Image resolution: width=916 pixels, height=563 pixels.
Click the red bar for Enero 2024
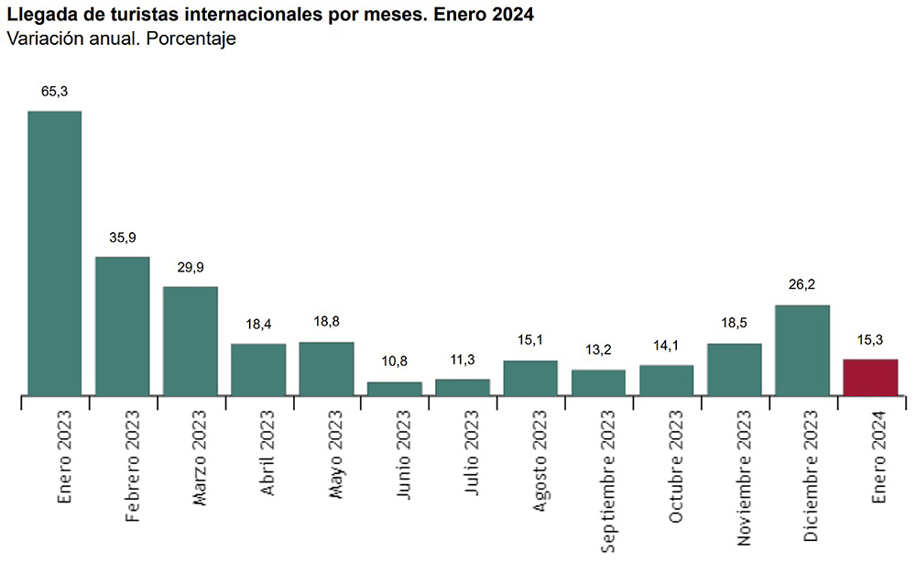click(x=870, y=378)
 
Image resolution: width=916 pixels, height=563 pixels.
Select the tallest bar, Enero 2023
click(x=55, y=253)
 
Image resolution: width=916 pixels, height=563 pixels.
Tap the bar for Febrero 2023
click(x=123, y=326)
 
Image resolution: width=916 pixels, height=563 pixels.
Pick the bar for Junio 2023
click(x=395, y=389)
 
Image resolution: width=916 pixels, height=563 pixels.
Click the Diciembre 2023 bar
click(x=802, y=350)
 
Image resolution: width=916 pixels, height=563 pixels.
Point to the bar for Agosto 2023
click(x=530, y=379)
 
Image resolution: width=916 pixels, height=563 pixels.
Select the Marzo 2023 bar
click(x=191, y=341)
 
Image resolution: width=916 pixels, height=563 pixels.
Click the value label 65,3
click(x=54, y=91)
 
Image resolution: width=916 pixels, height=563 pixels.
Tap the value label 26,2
click(x=802, y=285)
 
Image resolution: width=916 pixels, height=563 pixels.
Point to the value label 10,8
click(x=394, y=361)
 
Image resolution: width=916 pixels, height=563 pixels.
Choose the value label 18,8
click(x=326, y=322)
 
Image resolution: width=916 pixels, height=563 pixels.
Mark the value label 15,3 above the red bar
click(x=870, y=339)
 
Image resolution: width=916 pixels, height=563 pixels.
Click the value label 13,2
click(x=598, y=349)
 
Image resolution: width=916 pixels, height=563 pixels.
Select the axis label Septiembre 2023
click(x=608, y=481)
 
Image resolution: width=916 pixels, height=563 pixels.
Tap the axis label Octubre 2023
click(x=676, y=467)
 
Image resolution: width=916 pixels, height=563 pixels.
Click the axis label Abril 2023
click(x=268, y=453)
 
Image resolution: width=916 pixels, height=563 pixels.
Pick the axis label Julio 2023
click(x=472, y=452)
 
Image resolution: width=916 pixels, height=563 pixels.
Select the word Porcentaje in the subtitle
click(x=191, y=39)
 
